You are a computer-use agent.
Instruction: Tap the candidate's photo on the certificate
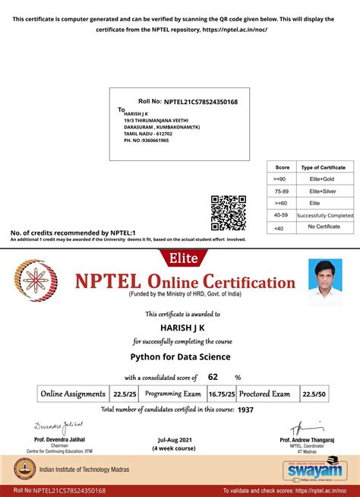tap(325, 282)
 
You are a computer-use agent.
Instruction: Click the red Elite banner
tap(179, 258)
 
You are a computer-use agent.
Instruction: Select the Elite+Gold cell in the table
tap(327, 179)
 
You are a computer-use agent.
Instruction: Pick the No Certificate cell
tap(324, 227)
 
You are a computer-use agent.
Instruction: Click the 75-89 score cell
tap(282, 191)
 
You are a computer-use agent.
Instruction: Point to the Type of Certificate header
tap(324, 166)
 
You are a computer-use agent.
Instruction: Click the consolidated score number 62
tap(213, 377)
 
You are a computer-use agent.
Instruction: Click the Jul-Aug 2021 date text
tap(175, 440)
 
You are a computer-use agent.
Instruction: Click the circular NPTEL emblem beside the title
tap(39, 281)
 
